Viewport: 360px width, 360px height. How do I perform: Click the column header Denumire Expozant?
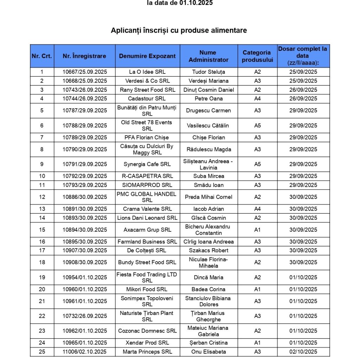tap(147, 56)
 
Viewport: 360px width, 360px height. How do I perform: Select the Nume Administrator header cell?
tap(208, 56)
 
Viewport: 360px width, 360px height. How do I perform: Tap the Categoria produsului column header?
tap(257, 56)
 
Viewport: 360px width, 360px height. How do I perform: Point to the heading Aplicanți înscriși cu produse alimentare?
tap(179, 30)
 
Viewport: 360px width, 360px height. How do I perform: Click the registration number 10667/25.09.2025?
tap(85, 72)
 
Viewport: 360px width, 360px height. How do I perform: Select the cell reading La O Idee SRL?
tap(147, 72)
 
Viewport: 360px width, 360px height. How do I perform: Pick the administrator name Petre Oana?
tap(208, 98)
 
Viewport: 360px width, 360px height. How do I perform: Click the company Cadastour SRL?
tap(147, 98)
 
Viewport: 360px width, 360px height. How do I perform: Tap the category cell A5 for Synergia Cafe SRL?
tap(257, 164)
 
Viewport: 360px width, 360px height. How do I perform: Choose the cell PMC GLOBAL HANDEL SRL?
tap(147, 197)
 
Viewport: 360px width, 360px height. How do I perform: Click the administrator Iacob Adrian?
tap(208, 209)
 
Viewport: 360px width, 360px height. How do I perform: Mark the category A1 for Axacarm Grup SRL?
tap(257, 230)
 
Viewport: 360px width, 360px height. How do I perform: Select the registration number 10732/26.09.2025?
tap(85, 316)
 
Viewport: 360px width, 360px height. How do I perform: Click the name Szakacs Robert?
tap(208, 250)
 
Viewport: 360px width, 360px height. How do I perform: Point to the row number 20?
tap(42, 289)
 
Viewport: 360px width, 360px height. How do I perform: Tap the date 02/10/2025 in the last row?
tap(303, 352)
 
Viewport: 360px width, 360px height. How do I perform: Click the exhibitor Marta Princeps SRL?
tap(147, 352)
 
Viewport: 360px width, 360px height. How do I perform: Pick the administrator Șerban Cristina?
tap(208, 343)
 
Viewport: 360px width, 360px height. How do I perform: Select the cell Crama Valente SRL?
tap(147, 209)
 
